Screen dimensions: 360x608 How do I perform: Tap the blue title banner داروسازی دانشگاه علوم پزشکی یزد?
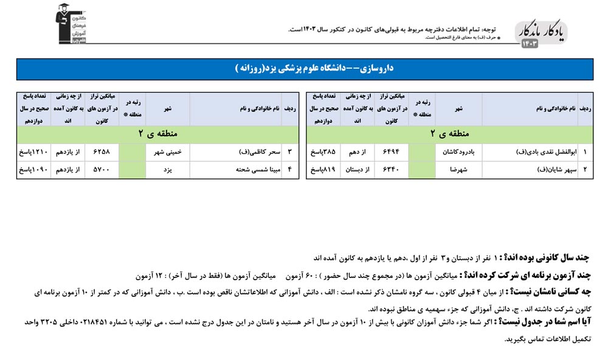[x=304, y=69]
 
